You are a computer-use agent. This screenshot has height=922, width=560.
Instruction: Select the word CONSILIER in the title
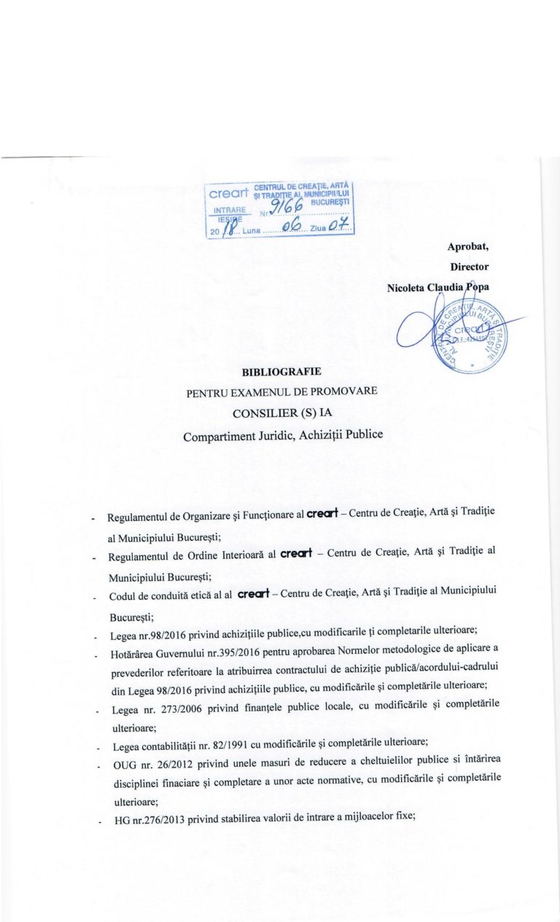tap(263, 413)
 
